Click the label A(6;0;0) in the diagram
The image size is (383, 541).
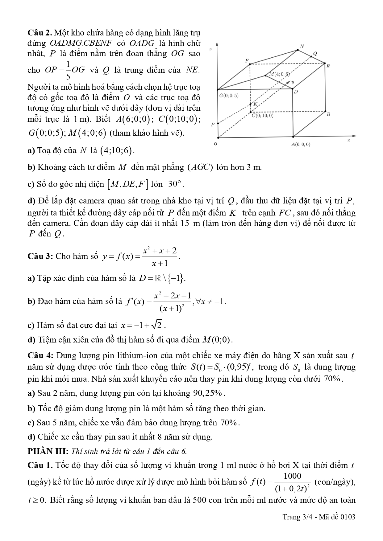301,144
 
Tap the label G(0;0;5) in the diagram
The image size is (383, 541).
229,96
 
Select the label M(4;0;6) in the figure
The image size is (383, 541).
279,74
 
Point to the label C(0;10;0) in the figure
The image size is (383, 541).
262,116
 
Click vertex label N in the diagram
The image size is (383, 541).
302,46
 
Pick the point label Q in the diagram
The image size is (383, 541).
315,53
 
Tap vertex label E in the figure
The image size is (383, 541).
328,66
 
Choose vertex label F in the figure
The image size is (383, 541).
247,60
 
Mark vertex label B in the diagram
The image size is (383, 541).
328,114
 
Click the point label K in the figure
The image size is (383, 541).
255,104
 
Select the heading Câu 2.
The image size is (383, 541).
40,33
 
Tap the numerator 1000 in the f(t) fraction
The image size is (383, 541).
292,476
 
